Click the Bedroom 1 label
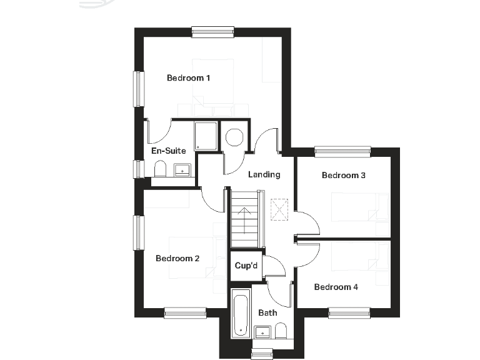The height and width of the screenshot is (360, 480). pyautogui.click(x=188, y=78)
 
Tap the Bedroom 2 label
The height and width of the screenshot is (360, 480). pyautogui.click(x=177, y=258)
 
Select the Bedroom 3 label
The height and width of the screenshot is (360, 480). pyautogui.click(x=343, y=176)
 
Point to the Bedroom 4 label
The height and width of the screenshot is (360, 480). pyautogui.click(x=336, y=287)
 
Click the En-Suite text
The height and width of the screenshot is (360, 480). pyautogui.click(x=169, y=151)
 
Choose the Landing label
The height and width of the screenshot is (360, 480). pyautogui.click(x=264, y=174)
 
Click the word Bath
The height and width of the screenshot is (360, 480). pyautogui.click(x=267, y=312)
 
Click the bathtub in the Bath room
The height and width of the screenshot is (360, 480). pyautogui.click(x=240, y=314)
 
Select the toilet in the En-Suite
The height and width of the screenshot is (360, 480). pyautogui.click(x=160, y=169)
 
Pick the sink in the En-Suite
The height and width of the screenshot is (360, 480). pyautogui.click(x=183, y=169)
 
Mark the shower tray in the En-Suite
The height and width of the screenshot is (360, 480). pyautogui.click(x=206, y=136)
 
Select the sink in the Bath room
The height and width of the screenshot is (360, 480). pyautogui.click(x=263, y=331)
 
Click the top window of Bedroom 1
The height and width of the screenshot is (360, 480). pyautogui.click(x=212, y=31)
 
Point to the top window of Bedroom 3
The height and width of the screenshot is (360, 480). pyautogui.click(x=342, y=151)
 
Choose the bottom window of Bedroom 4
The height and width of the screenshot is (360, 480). pyautogui.click(x=349, y=312)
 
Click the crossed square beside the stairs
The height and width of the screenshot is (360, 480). pyautogui.click(x=278, y=209)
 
